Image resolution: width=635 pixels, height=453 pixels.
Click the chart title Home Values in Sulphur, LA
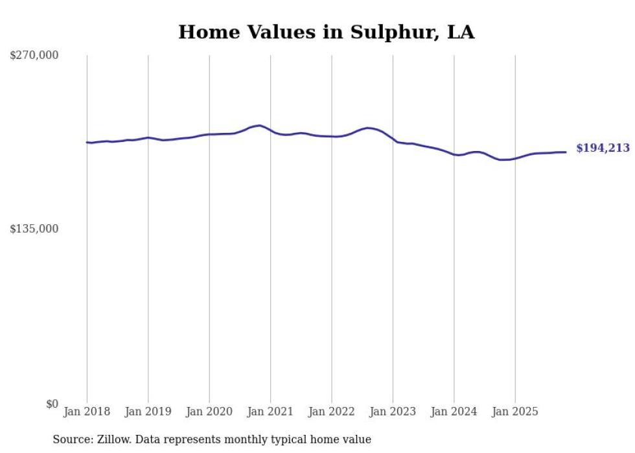click(326, 32)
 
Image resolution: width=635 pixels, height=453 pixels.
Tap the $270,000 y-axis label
click(34, 56)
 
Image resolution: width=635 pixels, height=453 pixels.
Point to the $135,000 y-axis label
click(34, 229)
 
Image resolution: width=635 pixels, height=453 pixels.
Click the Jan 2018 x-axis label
click(87, 412)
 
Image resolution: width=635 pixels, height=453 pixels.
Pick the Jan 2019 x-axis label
click(148, 412)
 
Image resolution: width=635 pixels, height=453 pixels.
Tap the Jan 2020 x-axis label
click(209, 412)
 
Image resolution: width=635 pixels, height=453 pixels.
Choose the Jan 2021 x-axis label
click(270, 412)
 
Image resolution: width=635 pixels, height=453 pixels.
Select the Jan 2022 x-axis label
click(332, 412)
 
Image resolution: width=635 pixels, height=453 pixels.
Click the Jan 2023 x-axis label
click(393, 412)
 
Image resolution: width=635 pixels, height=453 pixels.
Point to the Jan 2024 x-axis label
click(454, 412)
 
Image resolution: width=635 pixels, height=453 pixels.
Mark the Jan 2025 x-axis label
click(515, 412)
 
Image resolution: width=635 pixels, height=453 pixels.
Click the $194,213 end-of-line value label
click(603, 148)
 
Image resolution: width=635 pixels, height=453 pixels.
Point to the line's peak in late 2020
click(259, 126)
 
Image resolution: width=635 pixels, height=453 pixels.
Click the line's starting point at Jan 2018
click(87, 142)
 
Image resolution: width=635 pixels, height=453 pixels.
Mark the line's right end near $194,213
click(566, 152)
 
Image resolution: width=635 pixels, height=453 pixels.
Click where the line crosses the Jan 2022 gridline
click(332, 137)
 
